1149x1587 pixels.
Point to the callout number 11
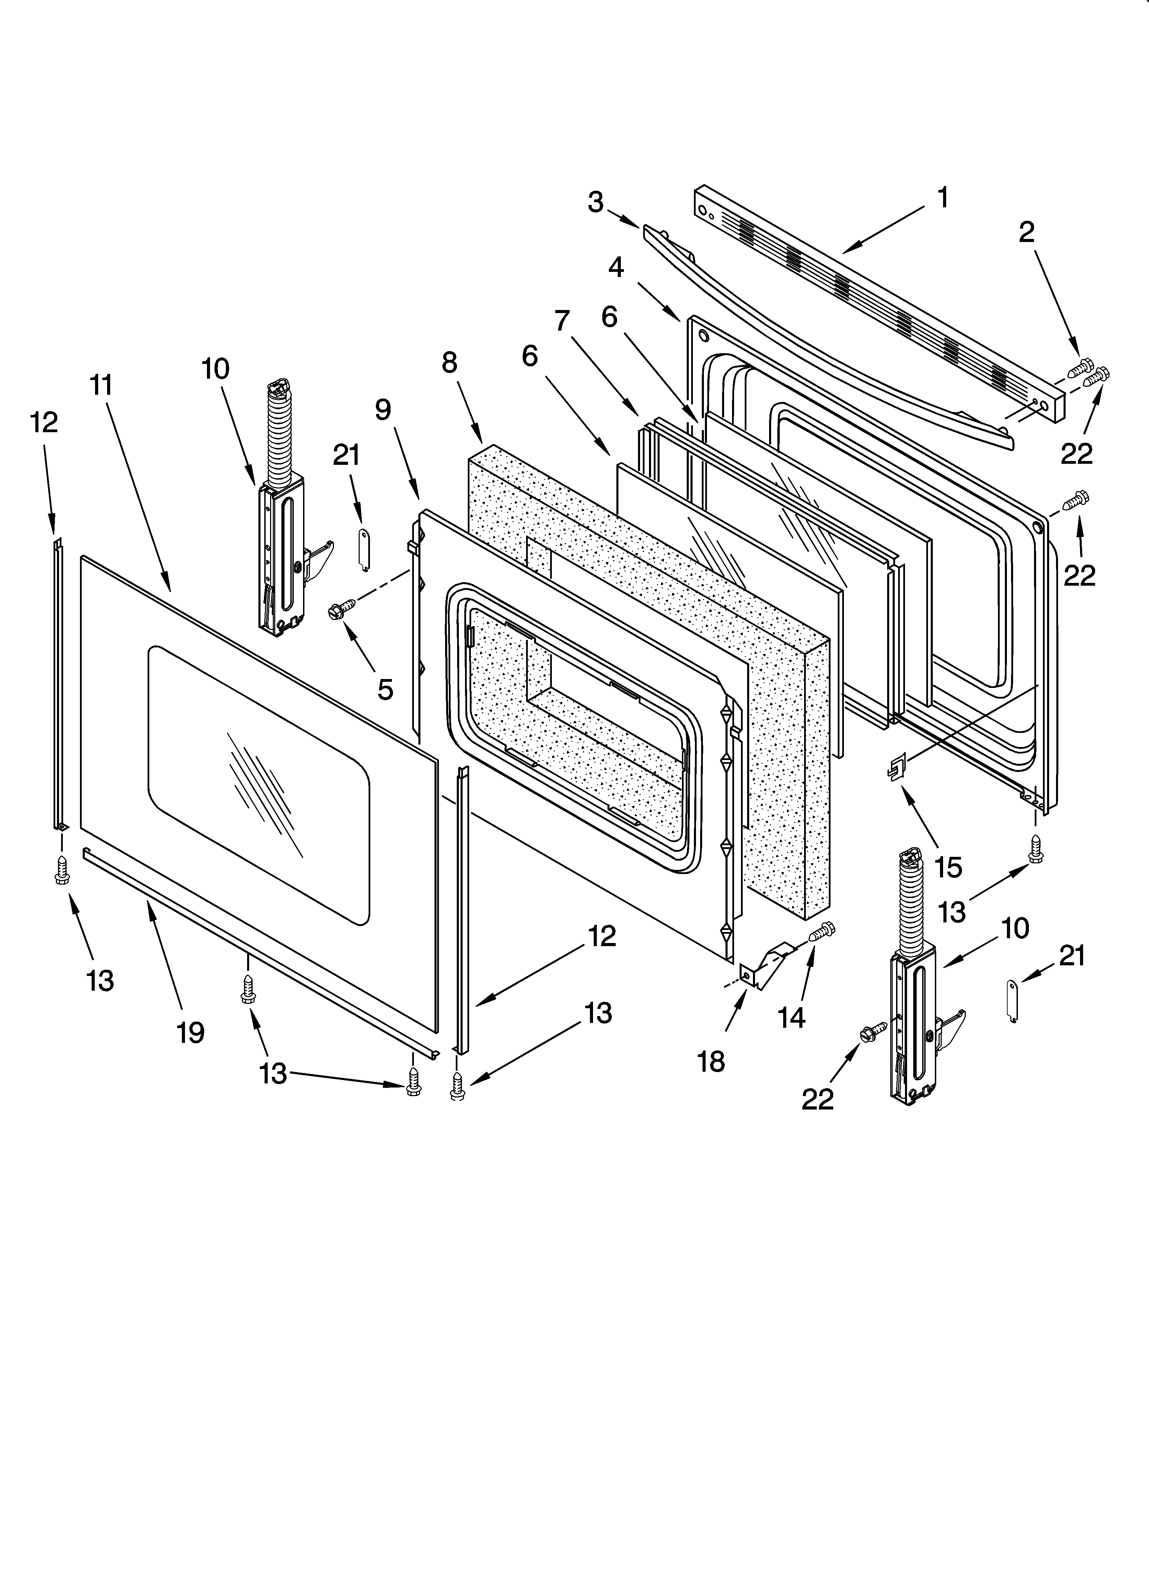pyautogui.click(x=102, y=385)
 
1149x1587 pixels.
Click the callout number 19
pyautogui.click(x=190, y=1032)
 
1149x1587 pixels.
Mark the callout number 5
pyautogui.click(x=385, y=689)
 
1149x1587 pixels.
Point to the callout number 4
pyautogui.click(x=616, y=267)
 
